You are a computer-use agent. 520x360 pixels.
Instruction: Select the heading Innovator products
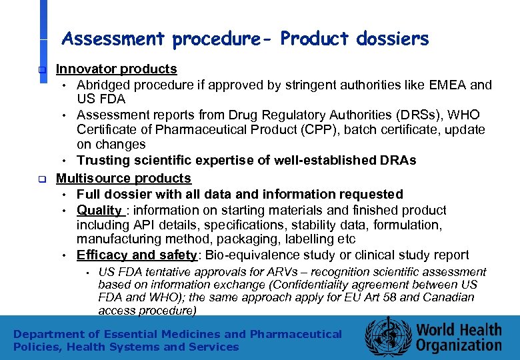pos(116,69)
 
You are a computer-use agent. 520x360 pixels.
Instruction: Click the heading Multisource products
pos(123,179)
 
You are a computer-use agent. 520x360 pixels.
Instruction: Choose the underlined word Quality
pos(99,210)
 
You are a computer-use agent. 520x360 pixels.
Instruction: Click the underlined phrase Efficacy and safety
pos(137,255)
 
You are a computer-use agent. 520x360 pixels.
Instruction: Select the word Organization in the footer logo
pos(459,345)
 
